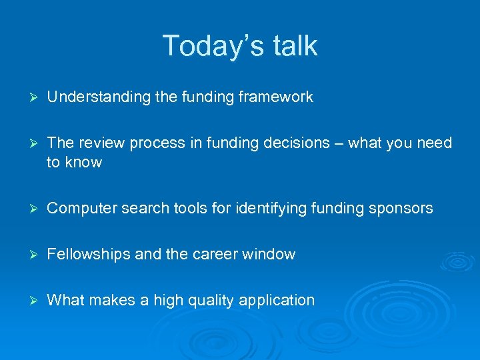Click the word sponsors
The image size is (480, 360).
tap(401, 209)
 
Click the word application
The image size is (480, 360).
tap(277, 301)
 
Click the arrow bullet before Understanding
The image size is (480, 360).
tap(27, 97)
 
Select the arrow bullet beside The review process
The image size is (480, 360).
tap(27, 143)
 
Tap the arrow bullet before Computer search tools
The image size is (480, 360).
tap(27, 209)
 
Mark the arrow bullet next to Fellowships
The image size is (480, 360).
tap(27, 255)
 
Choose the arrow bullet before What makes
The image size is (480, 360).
tap(27, 301)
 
